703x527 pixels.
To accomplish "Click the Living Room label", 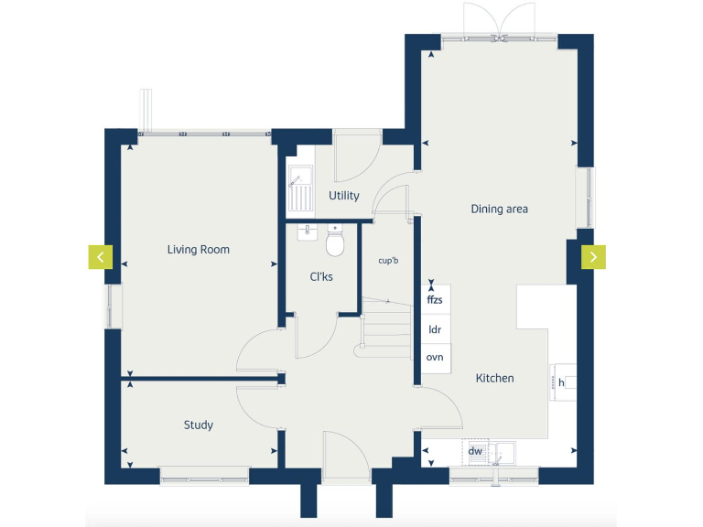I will (x=198, y=250).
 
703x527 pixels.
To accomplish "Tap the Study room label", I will (x=198, y=425).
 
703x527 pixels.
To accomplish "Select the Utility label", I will (x=344, y=196).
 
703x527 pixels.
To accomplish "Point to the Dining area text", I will (x=499, y=210).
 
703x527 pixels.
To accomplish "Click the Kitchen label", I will (x=494, y=378).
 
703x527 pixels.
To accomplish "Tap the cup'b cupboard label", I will (x=389, y=261).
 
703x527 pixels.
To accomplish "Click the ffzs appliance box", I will (x=435, y=298).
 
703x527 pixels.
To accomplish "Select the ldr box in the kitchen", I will (x=435, y=328).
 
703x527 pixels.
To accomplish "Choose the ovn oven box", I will (x=435, y=357).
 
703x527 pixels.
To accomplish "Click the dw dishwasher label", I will (x=475, y=451).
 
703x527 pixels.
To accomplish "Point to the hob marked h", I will (x=562, y=382).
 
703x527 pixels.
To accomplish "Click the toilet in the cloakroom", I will (x=335, y=242).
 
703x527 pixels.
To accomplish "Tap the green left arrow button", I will (x=100, y=257).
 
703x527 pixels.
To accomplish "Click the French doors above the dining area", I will (x=500, y=20).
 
